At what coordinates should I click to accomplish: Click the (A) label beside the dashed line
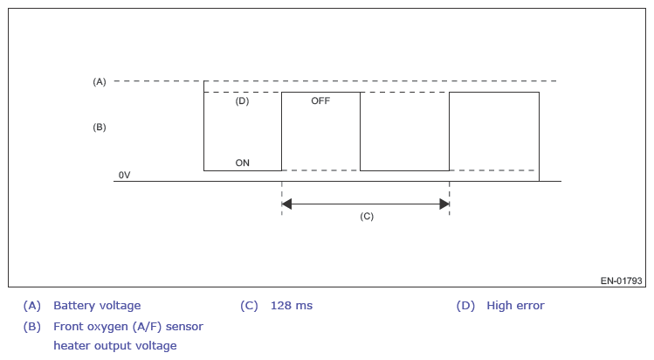click(x=99, y=81)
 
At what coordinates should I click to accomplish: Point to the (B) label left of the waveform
click(x=99, y=127)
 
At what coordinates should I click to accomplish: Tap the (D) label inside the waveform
click(x=243, y=101)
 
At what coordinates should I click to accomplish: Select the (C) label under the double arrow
click(x=367, y=216)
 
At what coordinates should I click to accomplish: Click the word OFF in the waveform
click(x=320, y=101)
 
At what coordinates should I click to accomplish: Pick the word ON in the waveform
click(x=243, y=163)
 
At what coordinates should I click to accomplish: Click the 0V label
click(x=124, y=176)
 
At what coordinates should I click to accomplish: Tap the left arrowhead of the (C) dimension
click(x=286, y=204)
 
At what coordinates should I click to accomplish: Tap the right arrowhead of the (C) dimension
click(x=444, y=204)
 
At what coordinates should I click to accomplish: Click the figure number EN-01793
click(x=622, y=281)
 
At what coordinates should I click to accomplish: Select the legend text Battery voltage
click(x=97, y=306)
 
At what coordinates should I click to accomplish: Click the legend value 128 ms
click(x=292, y=306)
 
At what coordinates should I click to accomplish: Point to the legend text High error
click(x=515, y=306)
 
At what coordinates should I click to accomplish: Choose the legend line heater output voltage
click(x=114, y=345)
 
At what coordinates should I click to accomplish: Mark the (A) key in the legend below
click(x=32, y=306)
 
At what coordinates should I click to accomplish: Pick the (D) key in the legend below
click(x=465, y=306)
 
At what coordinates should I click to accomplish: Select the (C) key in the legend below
click(x=249, y=306)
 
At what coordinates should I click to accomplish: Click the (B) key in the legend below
click(x=32, y=326)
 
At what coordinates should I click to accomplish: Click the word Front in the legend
click(x=69, y=326)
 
